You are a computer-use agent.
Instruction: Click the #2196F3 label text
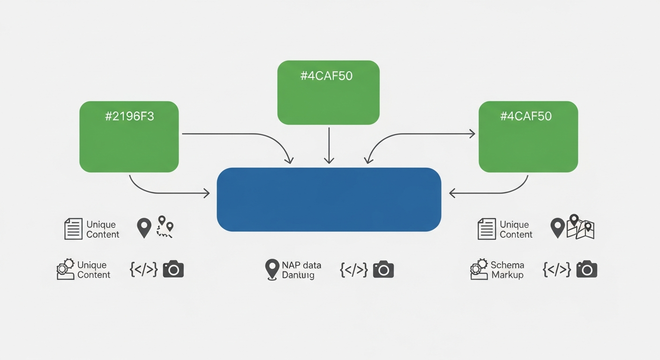129,117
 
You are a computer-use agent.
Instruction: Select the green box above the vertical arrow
328,92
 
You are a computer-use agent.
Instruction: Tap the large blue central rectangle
329,199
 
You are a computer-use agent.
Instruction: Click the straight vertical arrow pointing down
329,145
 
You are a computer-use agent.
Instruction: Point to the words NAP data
301,265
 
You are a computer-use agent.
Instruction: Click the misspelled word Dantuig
298,275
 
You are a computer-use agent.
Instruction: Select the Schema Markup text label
507,270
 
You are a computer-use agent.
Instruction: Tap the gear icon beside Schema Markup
478,269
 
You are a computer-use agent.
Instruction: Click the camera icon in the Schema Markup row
587,269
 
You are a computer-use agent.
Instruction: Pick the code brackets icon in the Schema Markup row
556,269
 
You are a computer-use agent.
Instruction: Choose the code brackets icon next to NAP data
353,269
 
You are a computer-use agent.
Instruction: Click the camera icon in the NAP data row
383,269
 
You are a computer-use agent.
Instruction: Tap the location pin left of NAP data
272,270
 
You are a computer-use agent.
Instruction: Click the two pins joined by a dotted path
165,227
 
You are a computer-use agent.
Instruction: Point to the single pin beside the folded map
557,228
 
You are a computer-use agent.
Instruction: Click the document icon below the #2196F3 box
73,229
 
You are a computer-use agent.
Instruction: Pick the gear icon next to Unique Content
65,270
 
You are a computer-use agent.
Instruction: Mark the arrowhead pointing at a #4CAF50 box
472,134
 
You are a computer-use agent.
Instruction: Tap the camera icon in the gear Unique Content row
173,269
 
